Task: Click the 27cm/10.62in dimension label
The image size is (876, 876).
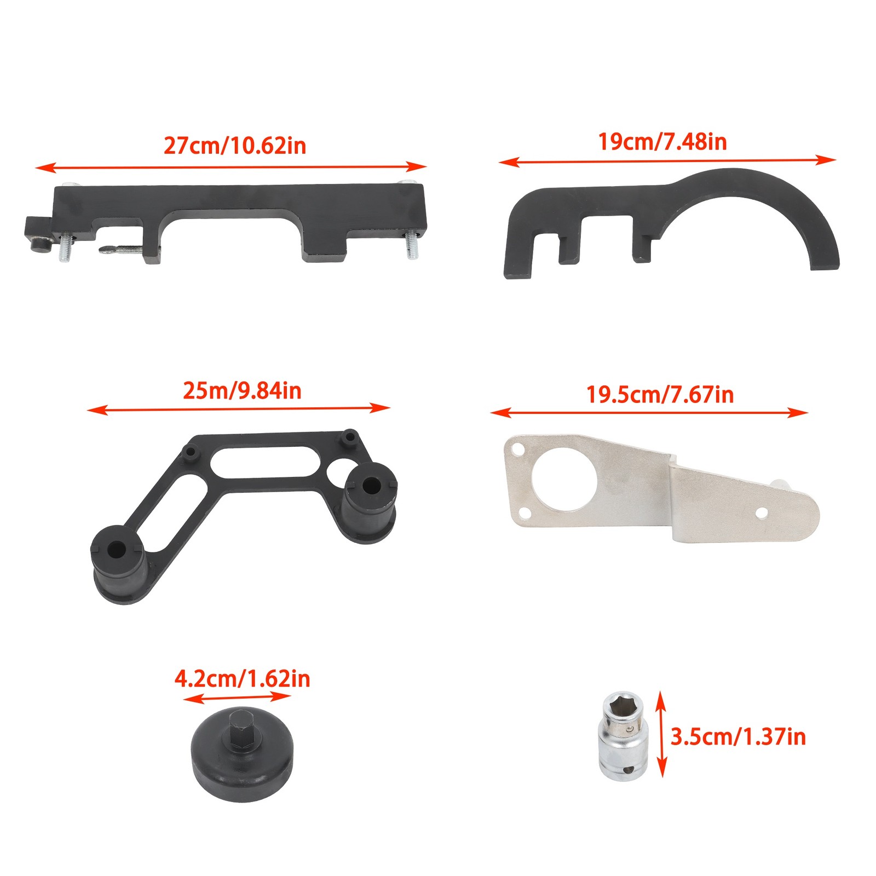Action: tap(235, 146)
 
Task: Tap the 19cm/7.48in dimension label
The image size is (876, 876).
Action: tap(662, 142)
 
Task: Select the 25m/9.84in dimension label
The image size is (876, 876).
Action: tap(242, 391)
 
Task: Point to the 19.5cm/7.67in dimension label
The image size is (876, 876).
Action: tap(660, 395)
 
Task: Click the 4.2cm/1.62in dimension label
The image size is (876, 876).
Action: tap(242, 679)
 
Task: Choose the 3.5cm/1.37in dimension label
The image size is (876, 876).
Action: tap(738, 737)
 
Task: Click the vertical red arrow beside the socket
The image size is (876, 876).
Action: tap(661, 734)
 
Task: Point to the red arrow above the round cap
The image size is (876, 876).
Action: tap(237, 698)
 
